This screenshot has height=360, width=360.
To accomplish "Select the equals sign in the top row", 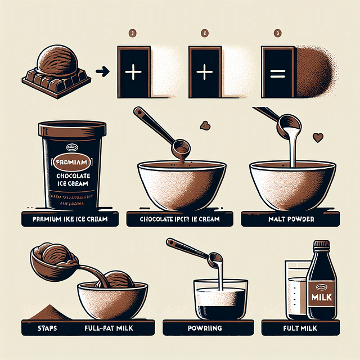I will tap(278, 73).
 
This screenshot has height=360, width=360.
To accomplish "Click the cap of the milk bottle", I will tap(321, 245).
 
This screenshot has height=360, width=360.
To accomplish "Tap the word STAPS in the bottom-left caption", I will tap(35, 328).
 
